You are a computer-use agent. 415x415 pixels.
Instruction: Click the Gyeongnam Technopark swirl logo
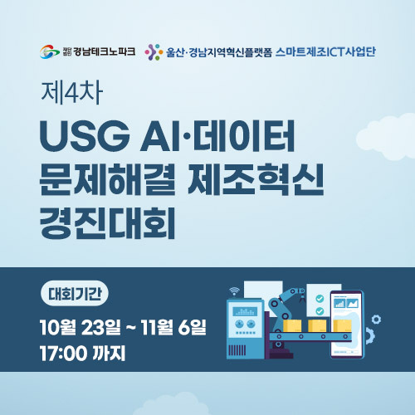pyautogui.click(x=50, y=51)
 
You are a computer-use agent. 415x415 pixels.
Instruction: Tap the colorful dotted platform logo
pyautogui.click(x=154, y=52)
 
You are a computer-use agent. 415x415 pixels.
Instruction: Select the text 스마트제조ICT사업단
pyautogui.click(x=325, y=52)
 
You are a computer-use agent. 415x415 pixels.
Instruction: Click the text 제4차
pyautogui.click(x=72, y=92)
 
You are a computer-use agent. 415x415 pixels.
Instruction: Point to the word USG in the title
pyautogui.click(x=85, y=136)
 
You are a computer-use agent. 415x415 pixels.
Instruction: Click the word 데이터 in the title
pyautogui.click(x=244, y=136)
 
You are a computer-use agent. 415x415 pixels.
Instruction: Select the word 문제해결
pyautogui.click(x=108, y=179)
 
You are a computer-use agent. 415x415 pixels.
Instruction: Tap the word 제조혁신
pyautogui.click(x=256, y=179)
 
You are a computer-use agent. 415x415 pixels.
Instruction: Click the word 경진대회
pyautogui.click(x=108, y=222)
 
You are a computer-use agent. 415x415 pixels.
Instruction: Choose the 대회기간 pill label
pyautogui.click(x=75, y=294)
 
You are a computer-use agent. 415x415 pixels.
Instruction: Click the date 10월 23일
pyautogui.click(x=81, y=327)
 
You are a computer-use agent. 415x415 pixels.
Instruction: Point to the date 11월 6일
pyautogui.click(x=173, y=327)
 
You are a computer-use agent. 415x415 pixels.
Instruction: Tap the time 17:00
pyautogui.click(x=63, y=353)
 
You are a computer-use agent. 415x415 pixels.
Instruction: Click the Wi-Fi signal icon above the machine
pyautogui.click(x=234, y=290)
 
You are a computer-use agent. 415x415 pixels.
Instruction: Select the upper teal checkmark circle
pyautogui.click(x=320, y=299)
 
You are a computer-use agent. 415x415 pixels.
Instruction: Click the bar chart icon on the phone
pyautogui.click(x=339, y=304)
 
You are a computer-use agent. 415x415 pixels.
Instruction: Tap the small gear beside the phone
pyautogui.click(x=376, y=320)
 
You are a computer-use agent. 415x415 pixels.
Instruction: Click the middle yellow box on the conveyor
pyautogui.click(x=317, y=326)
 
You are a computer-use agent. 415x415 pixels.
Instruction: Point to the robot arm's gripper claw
pyautogui.click(x=302, y=298)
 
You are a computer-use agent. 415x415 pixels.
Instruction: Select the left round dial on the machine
pyautogui.click(x=239, y=324)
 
